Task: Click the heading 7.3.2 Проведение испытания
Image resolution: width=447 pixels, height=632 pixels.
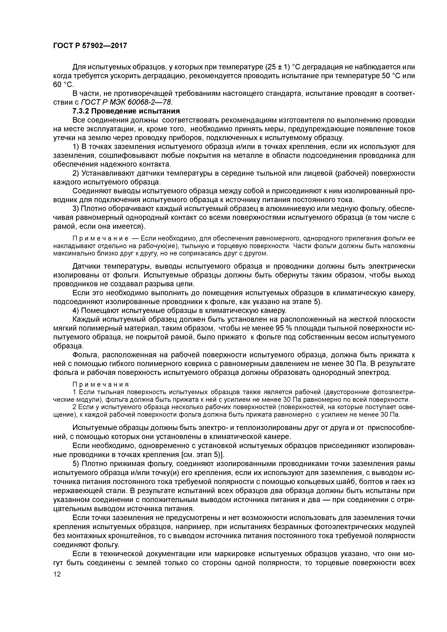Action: pos(126,111)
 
